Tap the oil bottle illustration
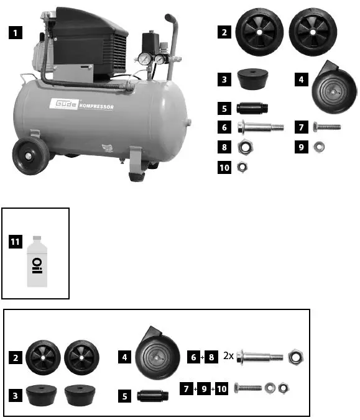[x=37, y=261]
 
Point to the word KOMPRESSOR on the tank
[x=96, y=106]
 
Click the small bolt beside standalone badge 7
[x=327, y=127]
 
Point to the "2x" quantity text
[x=228, y=357]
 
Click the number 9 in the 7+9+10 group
[x=203, y=389]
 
